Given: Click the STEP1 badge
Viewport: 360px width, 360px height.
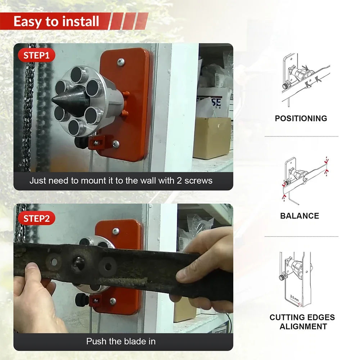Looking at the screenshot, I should click(x=36, y=55).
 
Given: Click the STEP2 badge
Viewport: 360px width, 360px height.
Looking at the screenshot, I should click(x=36, y=219).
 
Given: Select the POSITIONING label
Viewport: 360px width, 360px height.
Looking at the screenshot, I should click(x=301, y=118).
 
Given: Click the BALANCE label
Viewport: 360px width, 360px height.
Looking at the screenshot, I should click(x=300, y=216).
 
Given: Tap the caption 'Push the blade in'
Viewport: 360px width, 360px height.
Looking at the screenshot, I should click(x=121, y=341).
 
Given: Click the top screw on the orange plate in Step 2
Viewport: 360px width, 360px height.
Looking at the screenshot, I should click(x=115, y=231).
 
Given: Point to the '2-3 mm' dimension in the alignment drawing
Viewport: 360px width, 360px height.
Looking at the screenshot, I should click(x=294, y=298).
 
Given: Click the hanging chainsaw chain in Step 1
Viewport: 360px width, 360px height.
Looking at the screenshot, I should click(x=27, y=108).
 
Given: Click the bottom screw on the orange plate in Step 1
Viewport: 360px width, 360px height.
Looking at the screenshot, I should click(x=116, y=144).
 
